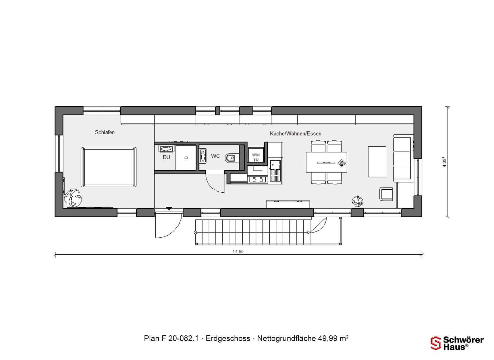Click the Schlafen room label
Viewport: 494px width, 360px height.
click(105, 132)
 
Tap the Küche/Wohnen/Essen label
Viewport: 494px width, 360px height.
click(295, 133)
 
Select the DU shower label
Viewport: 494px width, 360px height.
click(166, 157)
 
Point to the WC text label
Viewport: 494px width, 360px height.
click(215, 156)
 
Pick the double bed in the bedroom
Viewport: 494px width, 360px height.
click(109, 167)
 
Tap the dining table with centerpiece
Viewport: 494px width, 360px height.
click(326, 162)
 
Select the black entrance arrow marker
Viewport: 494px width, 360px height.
click(169, 209)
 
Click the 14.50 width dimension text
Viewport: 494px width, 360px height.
click(238, 251)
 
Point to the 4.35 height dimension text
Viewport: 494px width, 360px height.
click(444, 162)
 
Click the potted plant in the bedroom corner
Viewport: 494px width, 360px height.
click(73, 198)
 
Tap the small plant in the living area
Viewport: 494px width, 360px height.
click(357, 201)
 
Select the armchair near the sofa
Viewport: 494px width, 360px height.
click(386, 194)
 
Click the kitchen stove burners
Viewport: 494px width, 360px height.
click(257, 180)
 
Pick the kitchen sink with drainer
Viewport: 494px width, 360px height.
click(275, 171)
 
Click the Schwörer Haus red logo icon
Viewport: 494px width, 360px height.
click(435, 343)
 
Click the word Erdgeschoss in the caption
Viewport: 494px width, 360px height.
click(228, 338)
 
